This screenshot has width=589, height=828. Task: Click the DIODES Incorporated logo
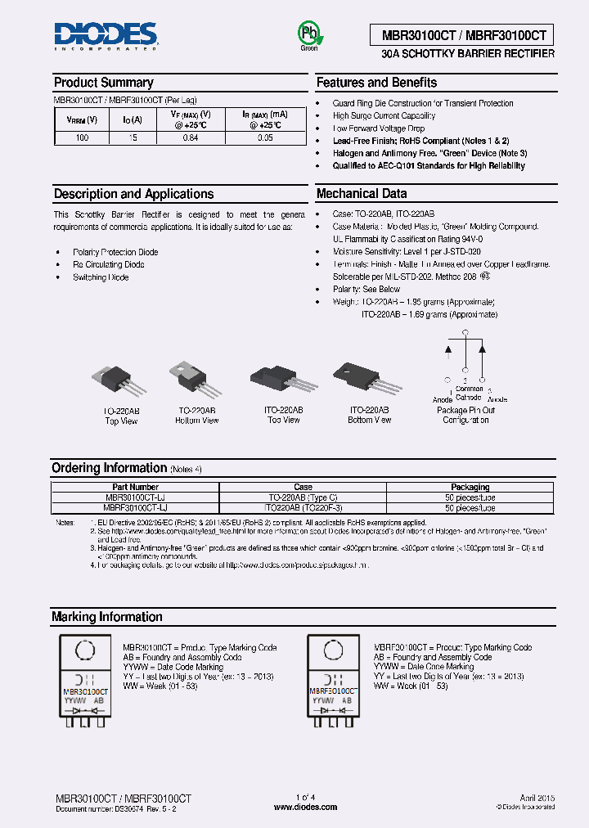[106, 35]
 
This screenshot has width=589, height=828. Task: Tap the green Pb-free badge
[308, 34]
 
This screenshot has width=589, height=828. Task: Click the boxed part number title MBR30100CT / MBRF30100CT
[462, 35]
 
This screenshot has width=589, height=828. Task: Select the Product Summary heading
[103, 83]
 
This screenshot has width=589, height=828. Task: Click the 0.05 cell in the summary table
[265, 138]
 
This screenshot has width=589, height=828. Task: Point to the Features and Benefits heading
[376, 83]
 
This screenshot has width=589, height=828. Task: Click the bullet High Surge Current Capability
[384, 116]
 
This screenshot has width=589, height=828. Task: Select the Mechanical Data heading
[361, 194]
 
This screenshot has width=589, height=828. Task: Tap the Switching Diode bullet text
[101, 277]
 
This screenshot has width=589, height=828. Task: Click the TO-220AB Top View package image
[120, 381]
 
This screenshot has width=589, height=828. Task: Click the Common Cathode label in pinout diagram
[469, 394]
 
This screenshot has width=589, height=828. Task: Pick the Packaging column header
[470, 487]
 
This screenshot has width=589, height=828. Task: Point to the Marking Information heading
[107, 617]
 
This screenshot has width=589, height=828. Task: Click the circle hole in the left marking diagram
[83, 652]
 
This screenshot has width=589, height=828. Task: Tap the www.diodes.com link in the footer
[305, 807]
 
